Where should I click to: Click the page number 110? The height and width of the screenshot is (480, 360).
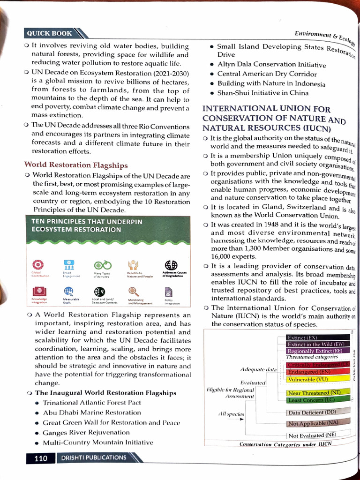pyautogui.click(x=41, y=458)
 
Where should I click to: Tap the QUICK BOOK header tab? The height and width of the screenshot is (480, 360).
pyautogui.click(x=50, y=33)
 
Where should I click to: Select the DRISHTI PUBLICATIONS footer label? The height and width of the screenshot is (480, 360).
pyautogui.click(x=92, y=457)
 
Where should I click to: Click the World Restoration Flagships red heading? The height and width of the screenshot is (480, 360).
pyautogui.click(x=76, y=165)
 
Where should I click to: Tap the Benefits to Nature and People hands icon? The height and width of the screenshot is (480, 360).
pyautogui.click(x=133, y=265)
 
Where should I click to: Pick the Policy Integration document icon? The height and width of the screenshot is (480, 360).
pyautogui.click(x=169, y=291)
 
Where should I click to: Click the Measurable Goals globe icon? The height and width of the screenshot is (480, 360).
pyautogui.click(x=68, y=291)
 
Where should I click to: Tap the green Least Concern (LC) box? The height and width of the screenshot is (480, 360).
pyautogui.click(x=317, y=400)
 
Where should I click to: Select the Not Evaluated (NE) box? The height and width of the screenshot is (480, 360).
pyautogui.click(x=312, y=435)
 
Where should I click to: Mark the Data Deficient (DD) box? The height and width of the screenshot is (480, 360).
pyautogui.click(x=317, y=412)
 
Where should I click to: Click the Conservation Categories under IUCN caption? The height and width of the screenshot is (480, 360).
pyautogui.click(x=285, y=444)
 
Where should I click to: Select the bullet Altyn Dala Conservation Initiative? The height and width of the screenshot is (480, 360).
pyautogui.click(x=271, y=65)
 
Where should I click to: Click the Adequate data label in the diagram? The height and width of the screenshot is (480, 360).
pyautogui.click(x=258, y=369)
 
